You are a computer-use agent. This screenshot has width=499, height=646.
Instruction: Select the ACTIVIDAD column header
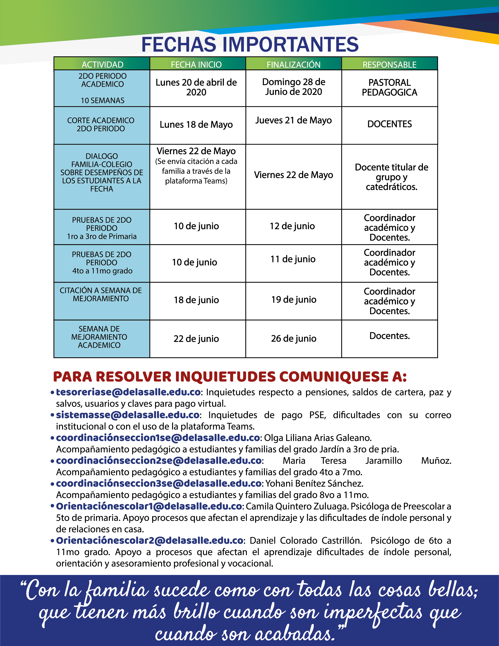102,64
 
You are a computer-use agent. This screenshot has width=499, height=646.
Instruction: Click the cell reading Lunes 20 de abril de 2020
196,87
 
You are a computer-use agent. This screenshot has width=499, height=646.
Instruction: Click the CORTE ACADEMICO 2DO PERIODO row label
101,124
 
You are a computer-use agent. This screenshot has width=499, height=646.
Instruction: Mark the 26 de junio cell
294,338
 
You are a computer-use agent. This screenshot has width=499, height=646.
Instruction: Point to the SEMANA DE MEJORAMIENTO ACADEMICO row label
99,337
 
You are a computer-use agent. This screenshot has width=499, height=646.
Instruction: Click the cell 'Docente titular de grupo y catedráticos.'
391,177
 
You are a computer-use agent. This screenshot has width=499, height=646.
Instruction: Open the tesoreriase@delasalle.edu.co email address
128,392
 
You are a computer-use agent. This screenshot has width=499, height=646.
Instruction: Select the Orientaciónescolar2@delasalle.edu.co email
150,541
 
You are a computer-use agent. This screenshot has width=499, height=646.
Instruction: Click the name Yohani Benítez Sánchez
314,483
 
